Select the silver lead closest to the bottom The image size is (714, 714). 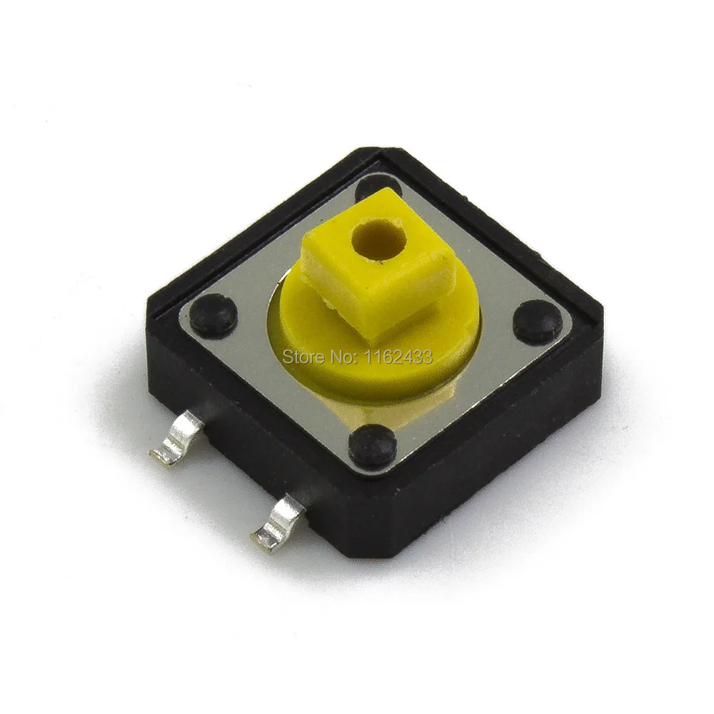(278, 520)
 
